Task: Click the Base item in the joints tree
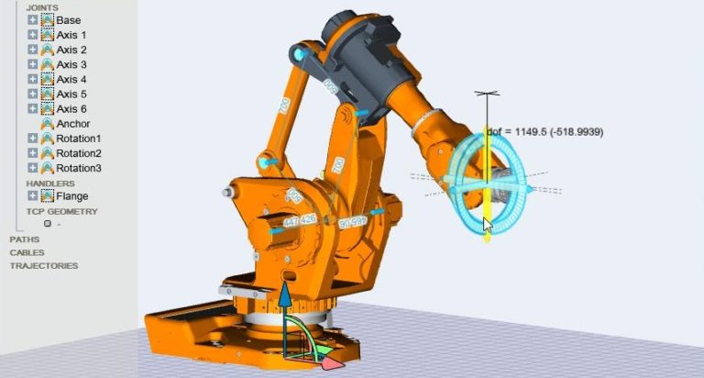coord(68,20)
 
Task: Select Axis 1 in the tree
coord(71,35)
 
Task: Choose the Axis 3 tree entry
coord(71,64)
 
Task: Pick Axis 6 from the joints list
coord(71,108)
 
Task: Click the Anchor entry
coord(73,124)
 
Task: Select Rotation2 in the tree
coord(78,153)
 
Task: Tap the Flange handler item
coord(71,195)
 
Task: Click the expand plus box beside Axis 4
coord(33,79)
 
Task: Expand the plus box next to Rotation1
coord(33,139)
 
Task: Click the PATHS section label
coord(24,239)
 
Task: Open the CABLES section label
coord(27,252)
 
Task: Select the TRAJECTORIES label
coord(43,266)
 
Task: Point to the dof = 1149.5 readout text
coord(544,132)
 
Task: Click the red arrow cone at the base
coord(333,363)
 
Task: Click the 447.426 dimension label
coord(300,220)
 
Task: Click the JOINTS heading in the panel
coord(42,7)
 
